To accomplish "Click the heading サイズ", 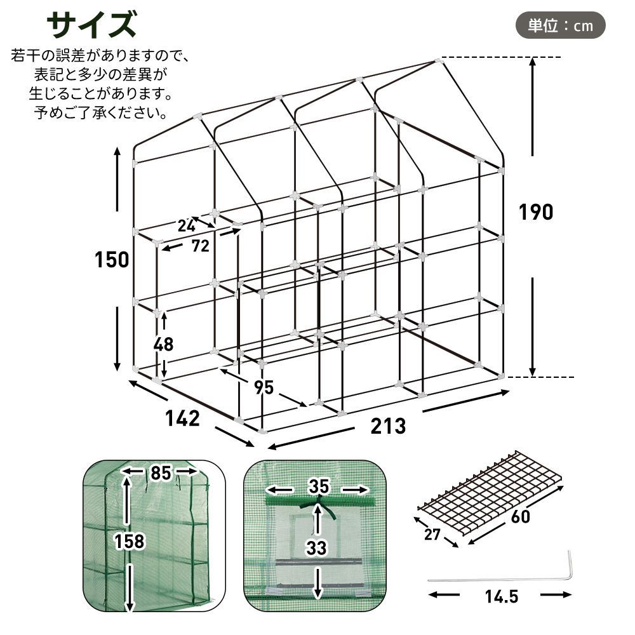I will pyautogui.click(x=91, y=25).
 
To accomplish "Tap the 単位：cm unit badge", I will pyautogui.click(x=560, y=25).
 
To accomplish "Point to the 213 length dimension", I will pyautogui.click(x=388, y=425).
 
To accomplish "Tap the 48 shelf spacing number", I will pyautogui.click(x=163, y=344).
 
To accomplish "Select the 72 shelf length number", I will pyautogui.click(x=200, y=246).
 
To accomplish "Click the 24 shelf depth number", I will pyautogui.click(x=186, y=225).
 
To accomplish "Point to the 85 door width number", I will pyautogui.click(x=160, y=473).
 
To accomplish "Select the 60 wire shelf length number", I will pyautogui.click(x=519, y=516).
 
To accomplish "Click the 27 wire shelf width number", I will pyautogui.click(x=432, y=534).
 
